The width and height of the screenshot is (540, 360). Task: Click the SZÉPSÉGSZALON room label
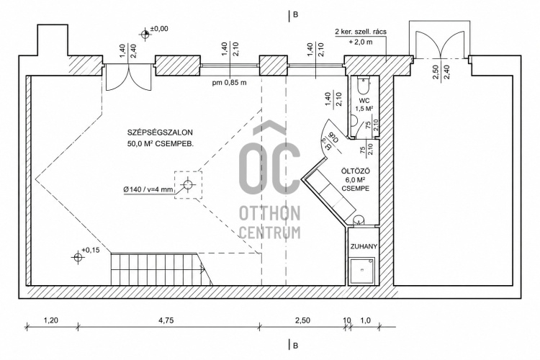pos(160,132)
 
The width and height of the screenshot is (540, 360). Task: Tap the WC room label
pos(364,101)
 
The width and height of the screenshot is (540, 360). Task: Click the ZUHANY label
pos(364,247)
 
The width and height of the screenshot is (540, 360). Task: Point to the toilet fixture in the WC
pos(364,86)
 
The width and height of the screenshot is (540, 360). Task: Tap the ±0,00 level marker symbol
pos(145,34)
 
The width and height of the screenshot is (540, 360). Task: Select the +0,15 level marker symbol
pos(78,257)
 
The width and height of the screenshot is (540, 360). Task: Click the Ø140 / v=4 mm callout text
pos(148,189)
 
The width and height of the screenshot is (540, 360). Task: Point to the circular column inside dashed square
pos(188,184)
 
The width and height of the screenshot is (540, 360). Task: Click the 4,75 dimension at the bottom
pos(166,320)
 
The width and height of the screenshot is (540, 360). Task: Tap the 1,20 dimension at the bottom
pos(51,320)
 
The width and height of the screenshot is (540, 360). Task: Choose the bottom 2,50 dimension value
pos(302,320)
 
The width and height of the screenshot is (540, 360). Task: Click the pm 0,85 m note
pos(230,83)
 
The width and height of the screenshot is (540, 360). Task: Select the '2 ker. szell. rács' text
pos(361,32)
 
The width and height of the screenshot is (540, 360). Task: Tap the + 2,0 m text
pos(361,42)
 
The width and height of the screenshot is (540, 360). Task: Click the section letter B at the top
pos(295,15)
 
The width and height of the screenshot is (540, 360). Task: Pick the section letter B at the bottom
pos(295,346)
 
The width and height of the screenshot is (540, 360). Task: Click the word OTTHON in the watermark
pos(270,214)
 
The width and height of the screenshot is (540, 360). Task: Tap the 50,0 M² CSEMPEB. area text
pos(161,144)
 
